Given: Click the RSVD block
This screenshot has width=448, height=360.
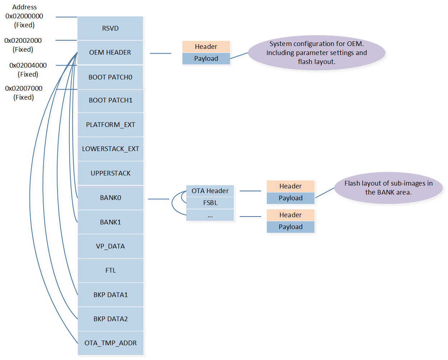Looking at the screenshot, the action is pos(110,28).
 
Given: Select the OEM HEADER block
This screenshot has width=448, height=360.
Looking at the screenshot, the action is pos(110,53).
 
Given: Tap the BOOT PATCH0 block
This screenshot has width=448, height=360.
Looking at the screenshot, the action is pos(110,77).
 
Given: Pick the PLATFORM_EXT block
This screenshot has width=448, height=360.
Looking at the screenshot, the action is pos(110,124).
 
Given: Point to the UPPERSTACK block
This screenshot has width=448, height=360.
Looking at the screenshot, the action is pos(110,173).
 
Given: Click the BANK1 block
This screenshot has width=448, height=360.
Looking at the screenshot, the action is pos(110,222).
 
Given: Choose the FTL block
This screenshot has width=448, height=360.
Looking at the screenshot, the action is pos(110,270).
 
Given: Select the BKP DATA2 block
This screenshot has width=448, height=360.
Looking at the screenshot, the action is pos(110,319).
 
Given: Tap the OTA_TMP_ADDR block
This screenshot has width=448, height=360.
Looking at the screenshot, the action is pos(110,343).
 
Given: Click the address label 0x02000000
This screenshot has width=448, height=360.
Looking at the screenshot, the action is pos(24,16).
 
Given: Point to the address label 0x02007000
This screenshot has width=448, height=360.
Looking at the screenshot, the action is pos(23,88).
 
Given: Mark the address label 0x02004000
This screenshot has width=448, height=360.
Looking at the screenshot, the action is pos(28,65).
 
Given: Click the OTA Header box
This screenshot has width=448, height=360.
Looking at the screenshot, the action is pos(210,191).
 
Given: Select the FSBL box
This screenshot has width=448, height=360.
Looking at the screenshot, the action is pos(210,202).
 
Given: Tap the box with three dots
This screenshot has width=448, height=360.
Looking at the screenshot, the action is pos(210,215).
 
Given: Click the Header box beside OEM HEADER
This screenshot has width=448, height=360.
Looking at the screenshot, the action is pos(206,47).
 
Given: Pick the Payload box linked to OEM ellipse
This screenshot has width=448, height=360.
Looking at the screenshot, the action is pos(206,59).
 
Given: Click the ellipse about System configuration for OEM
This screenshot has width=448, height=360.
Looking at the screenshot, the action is pos(317,53).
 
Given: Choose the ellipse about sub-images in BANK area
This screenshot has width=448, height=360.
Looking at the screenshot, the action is pos(388,188).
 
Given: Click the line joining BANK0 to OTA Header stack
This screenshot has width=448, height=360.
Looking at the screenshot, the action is pos(159,199).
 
